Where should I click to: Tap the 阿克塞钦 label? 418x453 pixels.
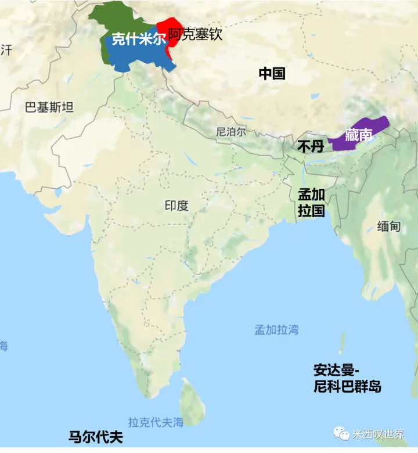pyautogui.click(x=196, y=34)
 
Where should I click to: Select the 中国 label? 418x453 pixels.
pyautogui.click(x=272, y=73)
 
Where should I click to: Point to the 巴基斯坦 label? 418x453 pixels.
pyautogui.click(x=49, y=107)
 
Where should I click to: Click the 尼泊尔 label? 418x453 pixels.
pyautogui.click(x=230, y=132)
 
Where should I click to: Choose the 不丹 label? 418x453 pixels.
pyautogui.click(x=310, y=146)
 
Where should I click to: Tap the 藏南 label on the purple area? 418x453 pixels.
pyautogui.click(x=358, y=135)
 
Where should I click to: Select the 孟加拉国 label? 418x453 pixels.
pyautogui.click(x=311, y=202)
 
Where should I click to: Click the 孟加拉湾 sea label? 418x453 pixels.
pyautogui.click(x=276, y=330)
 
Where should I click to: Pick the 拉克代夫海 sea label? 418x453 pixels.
pyautogui.click(x=156, y=422)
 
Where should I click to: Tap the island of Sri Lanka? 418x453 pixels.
pyautogui.click(x=191, y=400)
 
